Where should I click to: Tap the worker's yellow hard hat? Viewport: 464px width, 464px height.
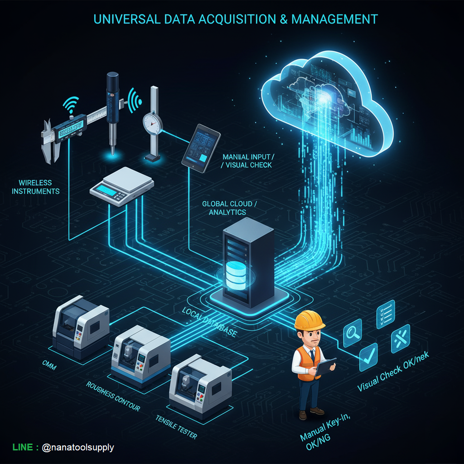(x=309, y=320)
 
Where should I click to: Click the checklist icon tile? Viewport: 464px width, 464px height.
(x=386, y=314)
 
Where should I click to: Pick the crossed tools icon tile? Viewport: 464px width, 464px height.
(x=400, y=338)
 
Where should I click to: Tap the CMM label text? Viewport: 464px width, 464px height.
(x=49, y=366)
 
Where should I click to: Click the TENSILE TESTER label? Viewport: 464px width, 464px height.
(x=176, y=427)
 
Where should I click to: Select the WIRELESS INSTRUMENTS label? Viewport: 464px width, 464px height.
(x=35, y=187)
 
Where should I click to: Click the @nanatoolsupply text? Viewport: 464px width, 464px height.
(x=77, y=447)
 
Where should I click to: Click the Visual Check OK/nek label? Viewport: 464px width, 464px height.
(x=393, y=372)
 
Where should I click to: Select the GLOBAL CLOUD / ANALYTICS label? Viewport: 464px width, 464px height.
(x=229, y=208)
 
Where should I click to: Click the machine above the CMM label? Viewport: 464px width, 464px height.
(x=81, y=326)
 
